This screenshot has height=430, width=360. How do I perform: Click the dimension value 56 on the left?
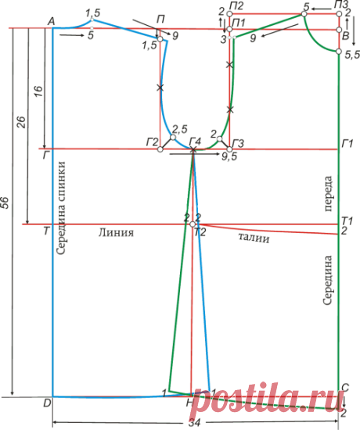[6, 202]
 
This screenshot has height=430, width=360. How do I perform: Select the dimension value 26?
[22, 122]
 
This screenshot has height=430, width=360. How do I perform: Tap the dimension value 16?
[38, 91]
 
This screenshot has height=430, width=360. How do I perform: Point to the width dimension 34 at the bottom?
[194, 423]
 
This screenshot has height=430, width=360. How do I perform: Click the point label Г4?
[195, 142]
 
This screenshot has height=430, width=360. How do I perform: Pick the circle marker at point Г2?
[160, 149]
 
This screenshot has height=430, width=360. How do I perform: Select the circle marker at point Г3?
[229, 149]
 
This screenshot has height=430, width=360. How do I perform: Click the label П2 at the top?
[237, 6]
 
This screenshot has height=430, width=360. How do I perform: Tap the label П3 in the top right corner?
[340, 5]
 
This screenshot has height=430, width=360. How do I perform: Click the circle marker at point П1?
[229, 29]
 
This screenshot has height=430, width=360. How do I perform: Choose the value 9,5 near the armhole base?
[229, 156]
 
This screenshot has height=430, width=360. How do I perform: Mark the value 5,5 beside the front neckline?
[352, 56]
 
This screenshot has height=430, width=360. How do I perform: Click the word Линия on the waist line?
[116, 232]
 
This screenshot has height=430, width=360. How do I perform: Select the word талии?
[254, 238]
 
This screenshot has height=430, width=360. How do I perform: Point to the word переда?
[328, 194]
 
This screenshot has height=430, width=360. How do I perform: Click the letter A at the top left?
[51, 21]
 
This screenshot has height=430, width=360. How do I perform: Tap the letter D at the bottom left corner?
[47, 403]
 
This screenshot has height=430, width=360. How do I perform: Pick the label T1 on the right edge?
[347, 220]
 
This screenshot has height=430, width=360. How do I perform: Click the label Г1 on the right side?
[347, 143]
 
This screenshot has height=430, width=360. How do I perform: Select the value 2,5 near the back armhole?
[180, 129]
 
